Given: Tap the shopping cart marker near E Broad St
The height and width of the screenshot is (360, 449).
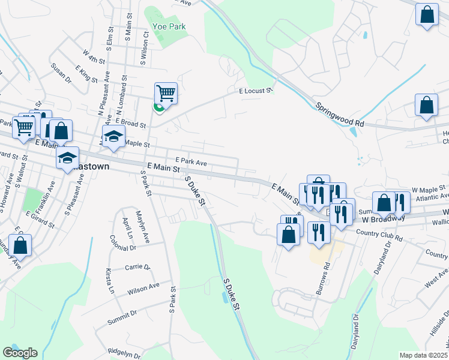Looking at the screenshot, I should tap(166, 94).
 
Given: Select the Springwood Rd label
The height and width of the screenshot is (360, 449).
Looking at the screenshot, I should tap(340, 114).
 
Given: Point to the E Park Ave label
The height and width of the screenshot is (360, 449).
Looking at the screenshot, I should tap(191, 162).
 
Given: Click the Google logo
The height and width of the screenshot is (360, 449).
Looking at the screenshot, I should tap(20, 353).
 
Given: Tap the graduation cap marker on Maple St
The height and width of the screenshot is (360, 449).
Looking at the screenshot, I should tap(113, 137).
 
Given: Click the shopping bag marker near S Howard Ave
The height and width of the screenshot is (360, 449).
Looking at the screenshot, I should tap(20, 245).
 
